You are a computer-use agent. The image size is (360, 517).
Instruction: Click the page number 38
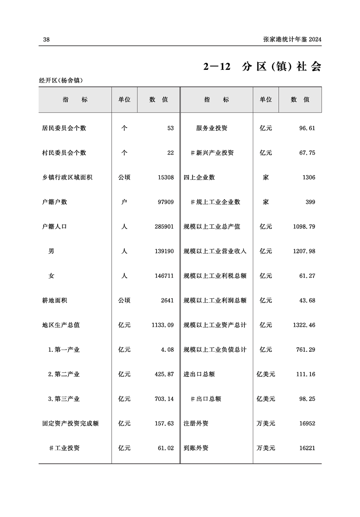point(46,39)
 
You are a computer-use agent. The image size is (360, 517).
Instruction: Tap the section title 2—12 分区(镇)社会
point(262,67)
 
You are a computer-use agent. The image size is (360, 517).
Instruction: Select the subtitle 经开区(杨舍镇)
point(64,80)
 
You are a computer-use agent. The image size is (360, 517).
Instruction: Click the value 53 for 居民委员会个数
point(170,128)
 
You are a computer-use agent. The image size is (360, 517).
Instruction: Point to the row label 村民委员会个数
point(64,153)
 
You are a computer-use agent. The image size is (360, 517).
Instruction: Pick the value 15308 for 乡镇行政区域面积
point(165,177)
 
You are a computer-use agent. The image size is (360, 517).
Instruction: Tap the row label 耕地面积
point(54,300)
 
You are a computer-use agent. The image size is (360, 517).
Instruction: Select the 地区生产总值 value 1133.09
point(163,325)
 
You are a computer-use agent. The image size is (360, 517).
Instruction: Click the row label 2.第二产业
point(64,374)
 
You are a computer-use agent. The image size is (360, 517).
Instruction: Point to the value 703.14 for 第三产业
point(164,399)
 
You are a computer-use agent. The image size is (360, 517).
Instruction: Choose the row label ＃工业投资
point(64,448)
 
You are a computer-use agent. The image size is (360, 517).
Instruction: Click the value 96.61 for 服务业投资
point(307,128)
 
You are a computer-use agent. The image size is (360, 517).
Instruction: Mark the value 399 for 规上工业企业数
point(310,202)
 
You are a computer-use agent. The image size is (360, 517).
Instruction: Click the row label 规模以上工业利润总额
point(215,300)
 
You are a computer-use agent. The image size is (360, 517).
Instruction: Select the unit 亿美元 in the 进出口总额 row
point(266,374)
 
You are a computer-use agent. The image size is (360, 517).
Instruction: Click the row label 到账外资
point(196,448)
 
